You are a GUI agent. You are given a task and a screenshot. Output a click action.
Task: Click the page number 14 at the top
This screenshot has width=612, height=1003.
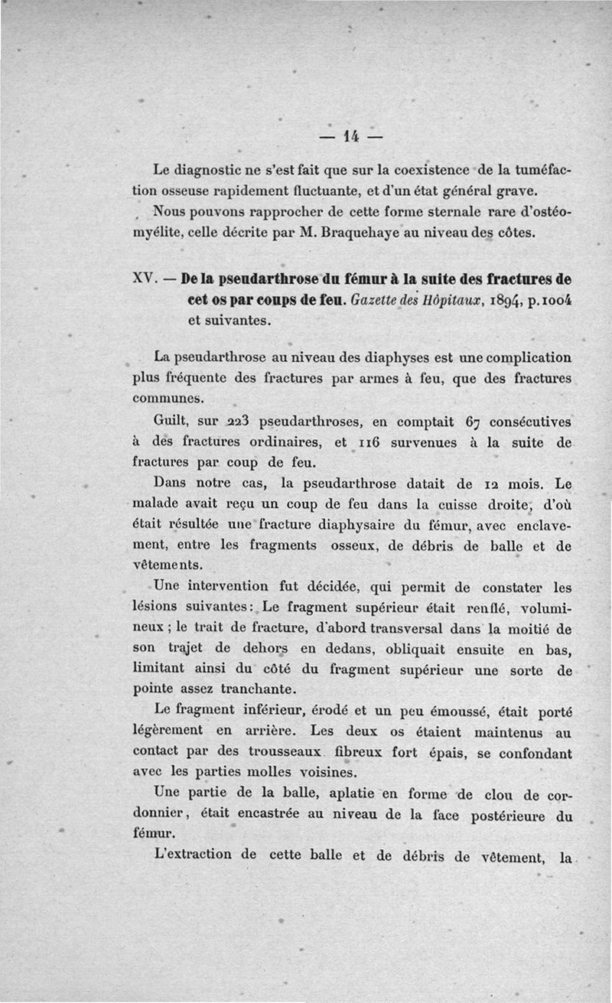pyautogui.click(x=351, y=137)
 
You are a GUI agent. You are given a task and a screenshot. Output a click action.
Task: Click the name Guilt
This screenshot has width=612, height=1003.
pyautogui.click(x=172, y=421)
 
